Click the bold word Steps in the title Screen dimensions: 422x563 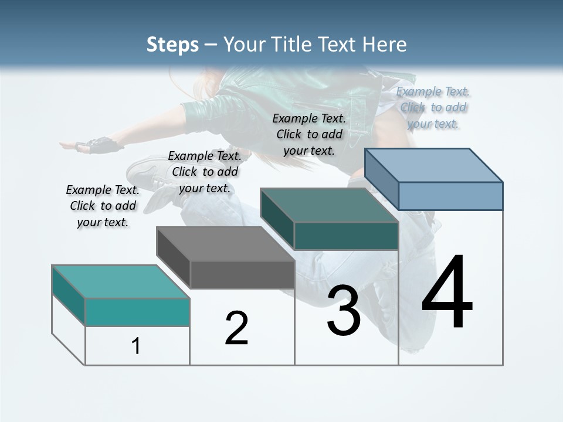(x=172, y=45)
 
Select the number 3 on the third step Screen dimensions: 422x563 (x=344, y=311)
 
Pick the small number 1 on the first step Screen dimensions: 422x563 (x=136, y=346)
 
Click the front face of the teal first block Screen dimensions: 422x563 (x=137, y=312)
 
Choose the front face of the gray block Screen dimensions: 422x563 (x=242, y=274)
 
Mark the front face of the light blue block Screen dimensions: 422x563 (x=450, y=196)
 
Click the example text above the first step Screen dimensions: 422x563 (x=103, y=206)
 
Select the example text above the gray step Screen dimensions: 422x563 (x=205, y=172)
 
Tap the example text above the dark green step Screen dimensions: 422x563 (x=309, y=134)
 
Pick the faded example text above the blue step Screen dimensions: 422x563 (x=433, y=107)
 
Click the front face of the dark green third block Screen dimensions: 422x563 (x=346, y=236)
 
